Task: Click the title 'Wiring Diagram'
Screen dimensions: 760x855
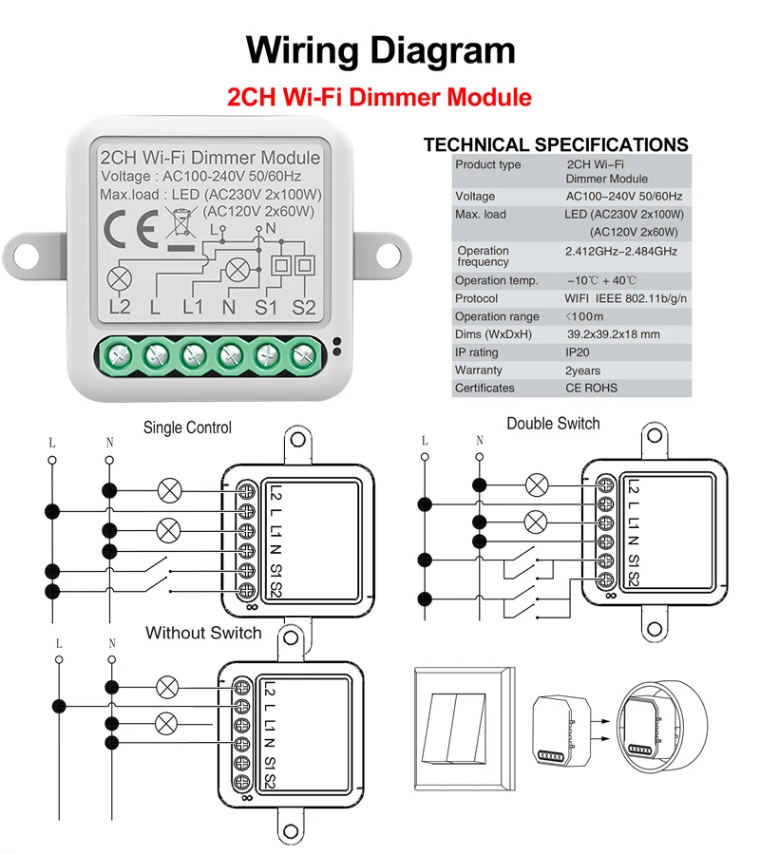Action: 381,50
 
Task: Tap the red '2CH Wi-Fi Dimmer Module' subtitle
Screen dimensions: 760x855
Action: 379,97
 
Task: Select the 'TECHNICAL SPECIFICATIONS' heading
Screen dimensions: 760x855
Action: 556,144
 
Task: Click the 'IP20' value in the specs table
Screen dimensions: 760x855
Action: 577,352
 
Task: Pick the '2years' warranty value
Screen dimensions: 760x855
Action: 582,370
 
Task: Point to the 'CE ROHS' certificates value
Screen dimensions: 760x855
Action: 591,388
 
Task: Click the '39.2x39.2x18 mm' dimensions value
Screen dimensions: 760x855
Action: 613,334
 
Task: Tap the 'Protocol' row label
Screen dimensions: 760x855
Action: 476,298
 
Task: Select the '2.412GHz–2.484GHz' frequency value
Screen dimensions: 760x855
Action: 621,252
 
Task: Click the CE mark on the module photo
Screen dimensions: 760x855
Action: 131,229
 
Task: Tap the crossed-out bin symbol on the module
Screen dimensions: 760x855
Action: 180,223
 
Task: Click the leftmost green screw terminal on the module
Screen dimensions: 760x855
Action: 120,356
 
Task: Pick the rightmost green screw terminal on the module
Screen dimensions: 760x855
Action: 303,356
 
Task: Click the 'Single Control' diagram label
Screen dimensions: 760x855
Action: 187,427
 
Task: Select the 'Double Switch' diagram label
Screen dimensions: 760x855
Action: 553,424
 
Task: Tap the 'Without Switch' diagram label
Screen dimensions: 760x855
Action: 203,633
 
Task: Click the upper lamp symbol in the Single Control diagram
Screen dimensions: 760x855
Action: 169,491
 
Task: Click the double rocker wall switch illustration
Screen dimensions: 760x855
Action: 465,729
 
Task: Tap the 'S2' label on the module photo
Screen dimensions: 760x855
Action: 304,308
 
